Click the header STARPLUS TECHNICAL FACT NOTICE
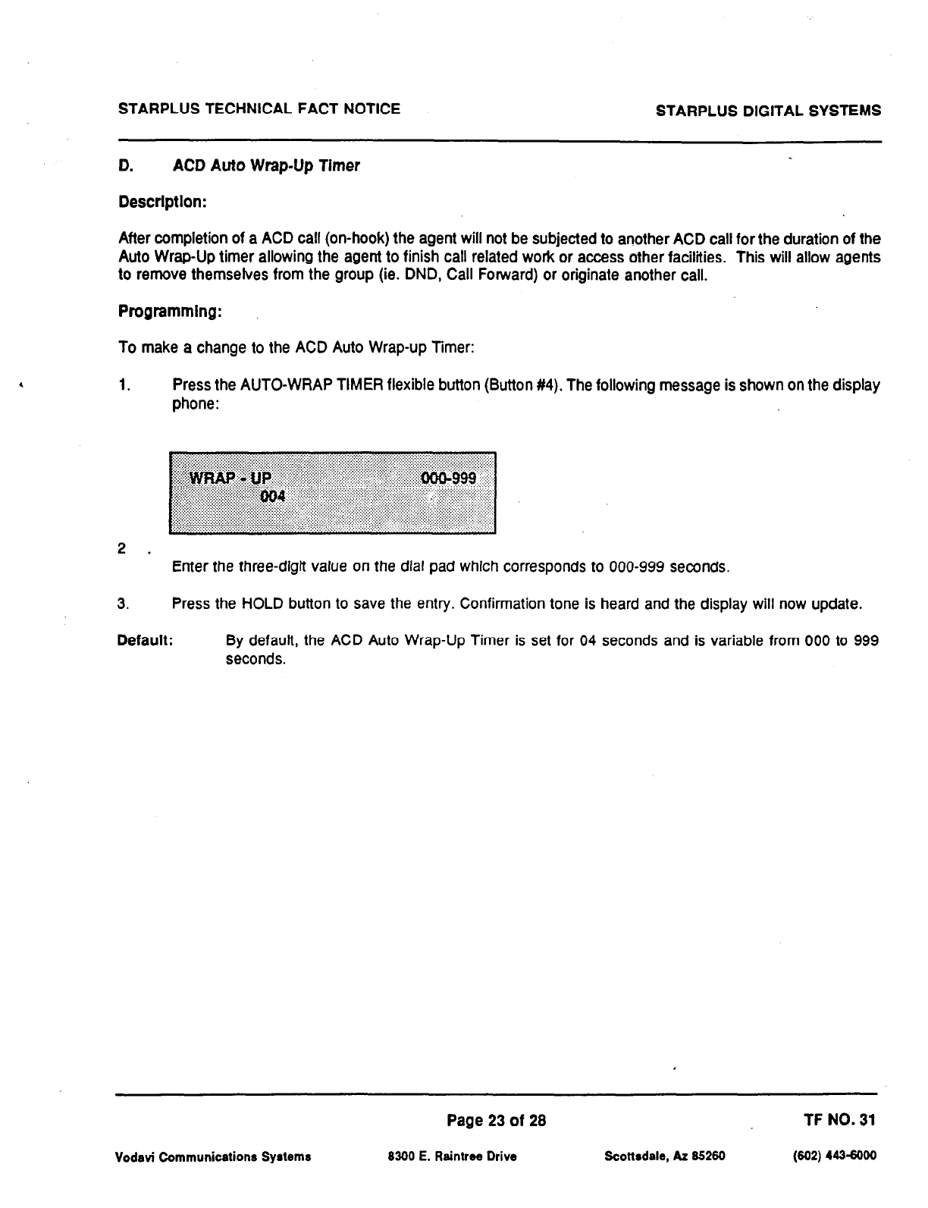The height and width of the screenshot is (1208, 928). [259, 109]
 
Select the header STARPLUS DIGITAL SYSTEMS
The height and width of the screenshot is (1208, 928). [768, 111]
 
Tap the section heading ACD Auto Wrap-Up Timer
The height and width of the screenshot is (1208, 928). [266, 165]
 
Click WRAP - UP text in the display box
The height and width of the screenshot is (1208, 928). [230, 478]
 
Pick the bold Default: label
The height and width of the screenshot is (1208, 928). [146, 641]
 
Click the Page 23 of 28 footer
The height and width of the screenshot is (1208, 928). [497, 1121]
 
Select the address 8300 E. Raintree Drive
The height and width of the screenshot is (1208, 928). [452, 1157]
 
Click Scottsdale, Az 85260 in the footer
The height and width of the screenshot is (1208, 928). [665, 1157]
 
